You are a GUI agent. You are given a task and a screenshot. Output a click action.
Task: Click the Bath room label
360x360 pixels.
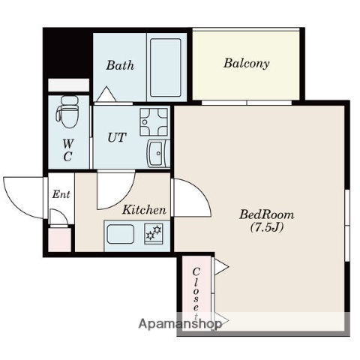pyautogui.click(x=120, y=65)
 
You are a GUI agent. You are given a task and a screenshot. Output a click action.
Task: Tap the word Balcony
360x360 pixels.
pyautogui.click(x=247, y=63)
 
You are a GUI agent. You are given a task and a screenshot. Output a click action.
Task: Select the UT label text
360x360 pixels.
pyautogui.click(x=117, y=137)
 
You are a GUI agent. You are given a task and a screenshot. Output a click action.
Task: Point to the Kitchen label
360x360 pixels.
pyautogui.click(x=144, y=210)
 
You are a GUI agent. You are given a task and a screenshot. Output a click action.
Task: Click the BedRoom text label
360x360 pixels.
pyautogui.click(x=267, y=214)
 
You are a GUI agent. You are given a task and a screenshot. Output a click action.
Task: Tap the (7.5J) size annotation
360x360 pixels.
pyautogui.click(x=267, y=227)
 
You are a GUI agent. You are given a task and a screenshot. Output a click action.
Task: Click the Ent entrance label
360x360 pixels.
pyautogui.click(x=61, y=194)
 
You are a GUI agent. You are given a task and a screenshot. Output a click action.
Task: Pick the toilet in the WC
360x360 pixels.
pyautogui.click(x=67, y=112)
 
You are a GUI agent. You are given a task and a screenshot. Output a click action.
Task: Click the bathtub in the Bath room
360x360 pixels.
pyautogui.click(x=166, y=67)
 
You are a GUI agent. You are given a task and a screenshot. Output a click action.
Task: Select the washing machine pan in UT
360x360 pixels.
pyautogui.click(x=154, y=122)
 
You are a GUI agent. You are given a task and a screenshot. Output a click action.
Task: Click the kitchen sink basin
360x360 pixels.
pyautogui.click(x=121, y=234)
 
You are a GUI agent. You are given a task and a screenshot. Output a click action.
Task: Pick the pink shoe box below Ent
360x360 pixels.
pyautogui.click(x=59, y=240)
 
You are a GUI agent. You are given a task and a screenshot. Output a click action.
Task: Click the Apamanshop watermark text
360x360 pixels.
pyautogui.click(x=180, y=324)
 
